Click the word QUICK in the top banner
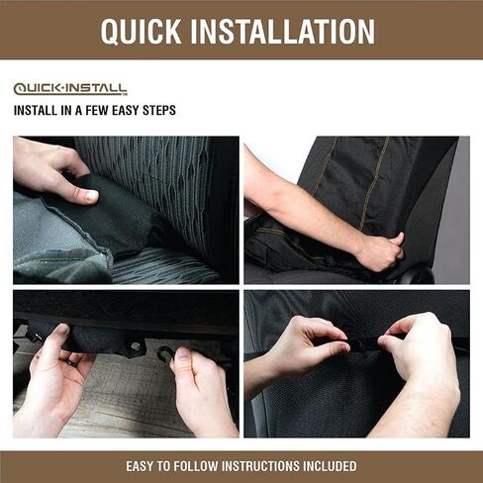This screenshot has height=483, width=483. tap(141, 31)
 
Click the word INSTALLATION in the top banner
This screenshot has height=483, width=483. tap(283, 31)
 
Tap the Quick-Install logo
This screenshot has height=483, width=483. tap(70, 89)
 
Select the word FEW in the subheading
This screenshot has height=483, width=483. tap(98, 110)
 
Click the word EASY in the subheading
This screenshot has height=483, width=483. tap(126, 110)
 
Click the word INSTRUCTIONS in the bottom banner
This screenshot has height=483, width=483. tap(260, 466)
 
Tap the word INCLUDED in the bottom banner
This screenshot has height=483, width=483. tap(330, 466)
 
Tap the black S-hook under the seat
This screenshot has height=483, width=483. tap(164, 354)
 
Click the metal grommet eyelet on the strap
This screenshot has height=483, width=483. tap(135, 346)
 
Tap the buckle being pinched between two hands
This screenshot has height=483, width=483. tap(363, 343)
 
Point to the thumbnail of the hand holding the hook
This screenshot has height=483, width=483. tap(182, 354)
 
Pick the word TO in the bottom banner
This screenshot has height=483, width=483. tap(163, 466)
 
